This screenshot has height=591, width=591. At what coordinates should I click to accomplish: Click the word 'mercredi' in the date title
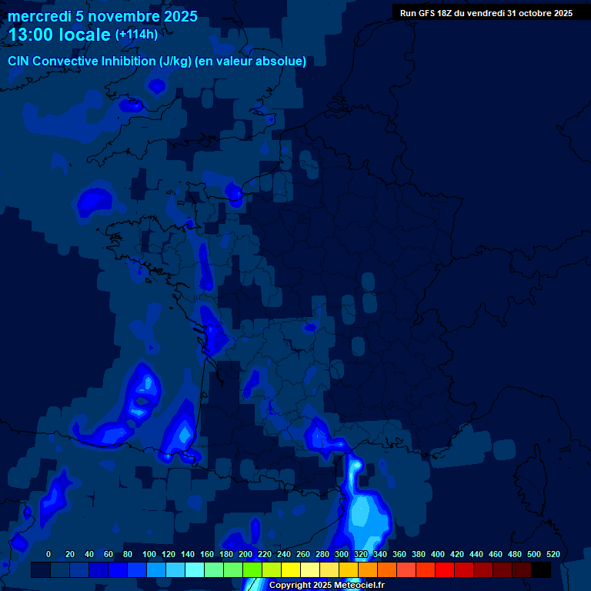tap(39, 17)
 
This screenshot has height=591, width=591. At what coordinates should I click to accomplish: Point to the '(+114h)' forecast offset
tap(137, 35)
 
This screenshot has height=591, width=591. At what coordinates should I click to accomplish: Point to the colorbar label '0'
tap(48, 555)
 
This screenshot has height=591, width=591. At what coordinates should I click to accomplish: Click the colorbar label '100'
tap(149, 555)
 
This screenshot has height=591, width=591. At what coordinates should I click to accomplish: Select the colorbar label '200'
tap(245, 555)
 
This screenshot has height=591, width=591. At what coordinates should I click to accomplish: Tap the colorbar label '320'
tap(361, 555)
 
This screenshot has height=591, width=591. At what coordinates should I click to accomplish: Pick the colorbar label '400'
tap(438, 555)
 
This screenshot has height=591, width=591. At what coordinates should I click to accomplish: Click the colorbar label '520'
tap(553, 555)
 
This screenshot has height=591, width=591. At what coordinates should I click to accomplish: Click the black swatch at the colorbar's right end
tap(541, 570)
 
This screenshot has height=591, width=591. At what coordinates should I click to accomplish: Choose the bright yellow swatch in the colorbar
tap(291, 570)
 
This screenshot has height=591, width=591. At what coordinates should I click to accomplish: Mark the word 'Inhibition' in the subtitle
tap(127, 61)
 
